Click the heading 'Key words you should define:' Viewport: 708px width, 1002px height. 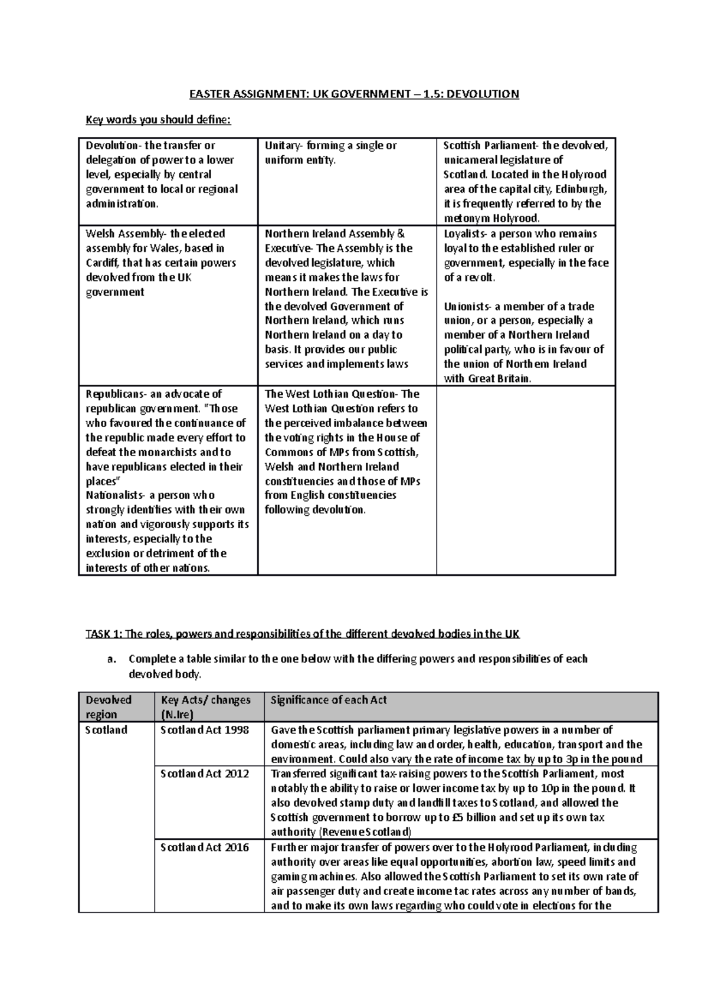pos(159,120)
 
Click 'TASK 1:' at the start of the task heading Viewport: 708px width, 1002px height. pos(104,634)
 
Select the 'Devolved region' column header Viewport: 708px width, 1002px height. pos(109,707)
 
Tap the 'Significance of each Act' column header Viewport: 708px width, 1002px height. pos(329,700)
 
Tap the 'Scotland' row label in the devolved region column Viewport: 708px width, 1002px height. pos(106,730)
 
